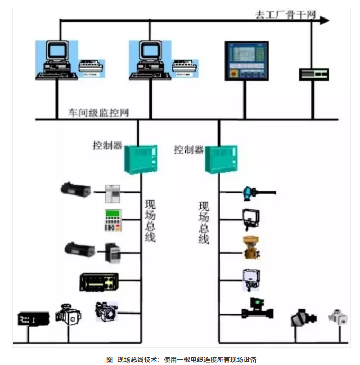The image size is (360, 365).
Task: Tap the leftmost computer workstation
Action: [x=56, y=59]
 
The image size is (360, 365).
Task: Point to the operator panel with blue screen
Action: [x=247, y=60]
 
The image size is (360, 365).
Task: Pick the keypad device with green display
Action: [x=113, y=219]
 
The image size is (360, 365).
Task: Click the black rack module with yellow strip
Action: [x=99, y=281]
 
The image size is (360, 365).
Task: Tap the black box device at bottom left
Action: [x=33, y=318]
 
